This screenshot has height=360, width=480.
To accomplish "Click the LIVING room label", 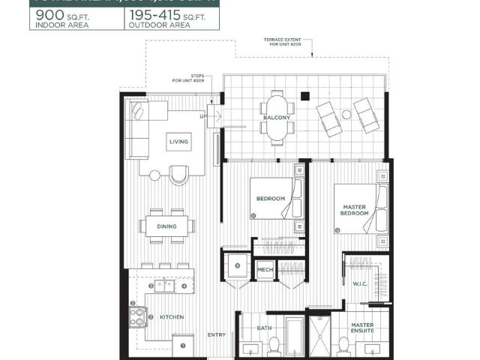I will (179, 141).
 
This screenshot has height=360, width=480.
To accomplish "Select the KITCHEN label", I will (172, 317).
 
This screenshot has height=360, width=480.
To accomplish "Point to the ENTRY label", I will (217, 334).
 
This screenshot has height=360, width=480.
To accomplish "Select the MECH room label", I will (265, 270).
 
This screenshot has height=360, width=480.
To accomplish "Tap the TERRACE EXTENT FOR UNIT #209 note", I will (285, 43).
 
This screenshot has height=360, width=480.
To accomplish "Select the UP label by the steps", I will (203, 116).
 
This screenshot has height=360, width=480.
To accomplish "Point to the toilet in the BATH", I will (274, 346).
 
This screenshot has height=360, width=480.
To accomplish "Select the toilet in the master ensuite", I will (344, 346).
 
